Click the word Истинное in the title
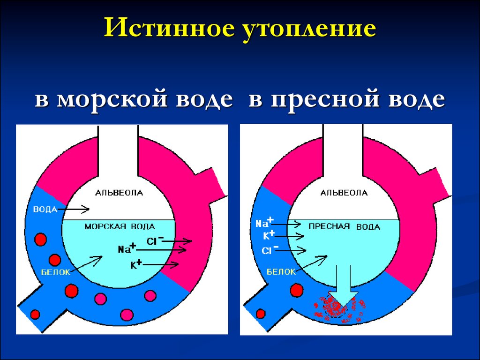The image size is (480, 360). [169, 28]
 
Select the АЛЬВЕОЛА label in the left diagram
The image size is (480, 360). [119, 193]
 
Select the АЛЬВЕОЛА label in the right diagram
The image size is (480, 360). [344, 193]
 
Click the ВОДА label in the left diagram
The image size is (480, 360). [45, 210]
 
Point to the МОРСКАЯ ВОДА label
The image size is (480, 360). [120, 226]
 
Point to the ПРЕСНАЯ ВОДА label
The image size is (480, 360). [345, 226]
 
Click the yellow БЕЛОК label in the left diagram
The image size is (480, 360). [56, 272]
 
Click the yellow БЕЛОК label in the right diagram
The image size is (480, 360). [281, 271]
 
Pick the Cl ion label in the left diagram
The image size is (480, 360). [155, 240]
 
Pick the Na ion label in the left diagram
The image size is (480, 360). [127, 248]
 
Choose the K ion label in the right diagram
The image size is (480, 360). [269, 235]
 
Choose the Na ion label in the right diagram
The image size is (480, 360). [265, 223]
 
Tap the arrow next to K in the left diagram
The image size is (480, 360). [161, 264]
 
